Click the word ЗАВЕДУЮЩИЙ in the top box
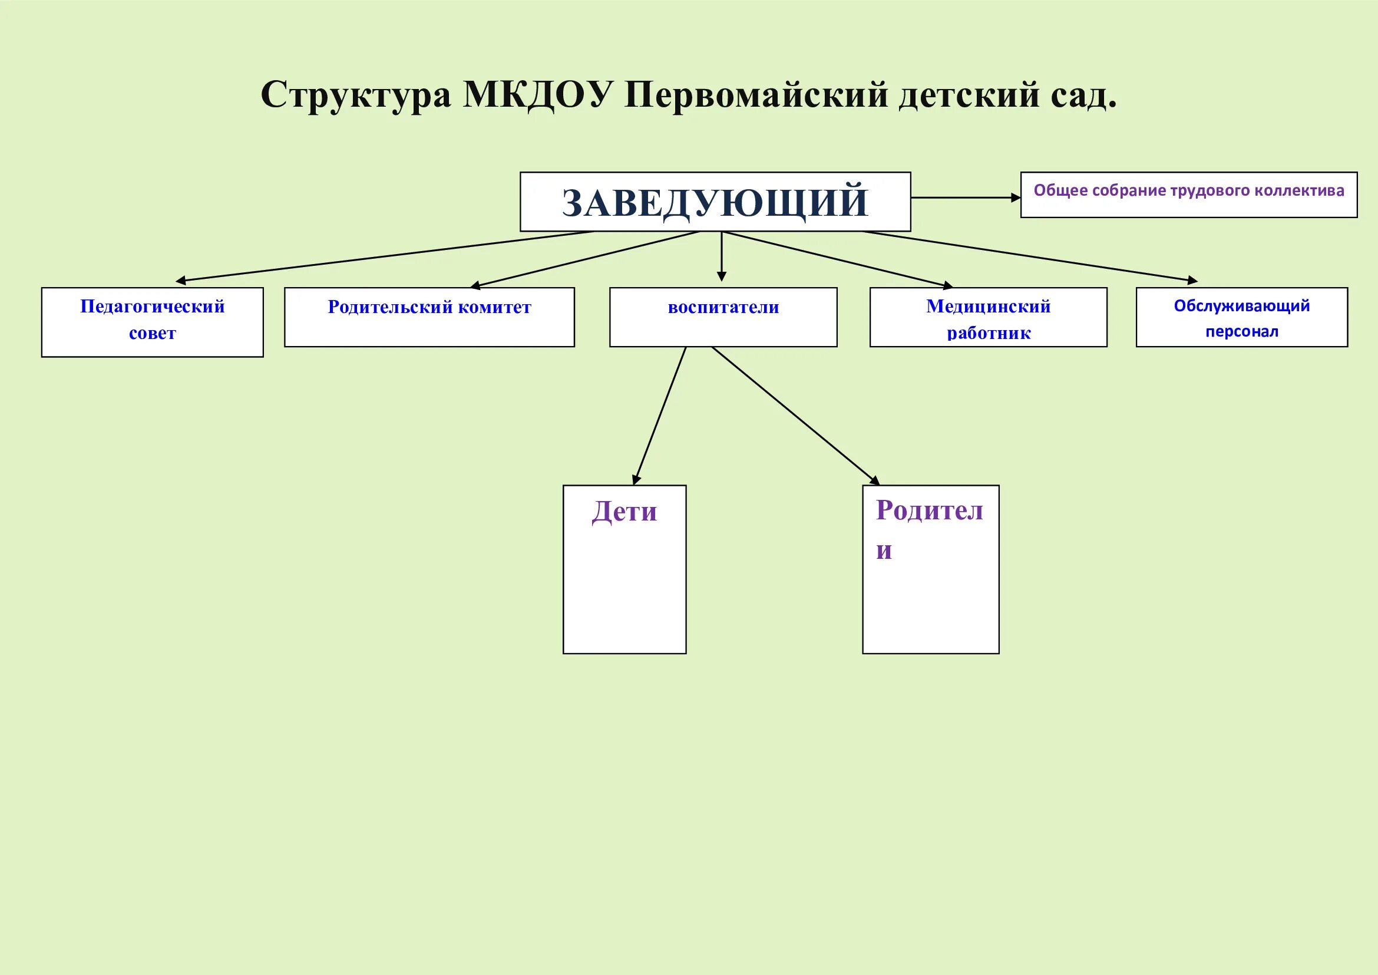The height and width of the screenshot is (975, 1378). click(715, 202)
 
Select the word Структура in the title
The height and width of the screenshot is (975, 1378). click(356, 95)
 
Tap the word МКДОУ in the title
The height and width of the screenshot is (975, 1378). click(538, 95)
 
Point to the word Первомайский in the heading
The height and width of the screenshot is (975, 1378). click(756, 95)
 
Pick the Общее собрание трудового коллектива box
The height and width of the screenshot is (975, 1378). click(1188, 195)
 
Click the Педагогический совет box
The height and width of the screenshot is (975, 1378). click(153, 322)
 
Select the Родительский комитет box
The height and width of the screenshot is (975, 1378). click(429, 317)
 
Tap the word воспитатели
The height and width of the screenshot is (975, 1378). click(723, 307)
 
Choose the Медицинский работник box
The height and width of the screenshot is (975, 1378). click(988, 317)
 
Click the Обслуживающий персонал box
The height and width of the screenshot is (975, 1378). click(1242, 317)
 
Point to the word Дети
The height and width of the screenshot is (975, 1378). click(624, 512)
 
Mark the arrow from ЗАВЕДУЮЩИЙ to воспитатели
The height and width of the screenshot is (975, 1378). click(722, 256)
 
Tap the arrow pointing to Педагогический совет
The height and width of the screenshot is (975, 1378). click(384, 256)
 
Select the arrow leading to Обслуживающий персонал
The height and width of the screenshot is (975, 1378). click(1029, 256)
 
